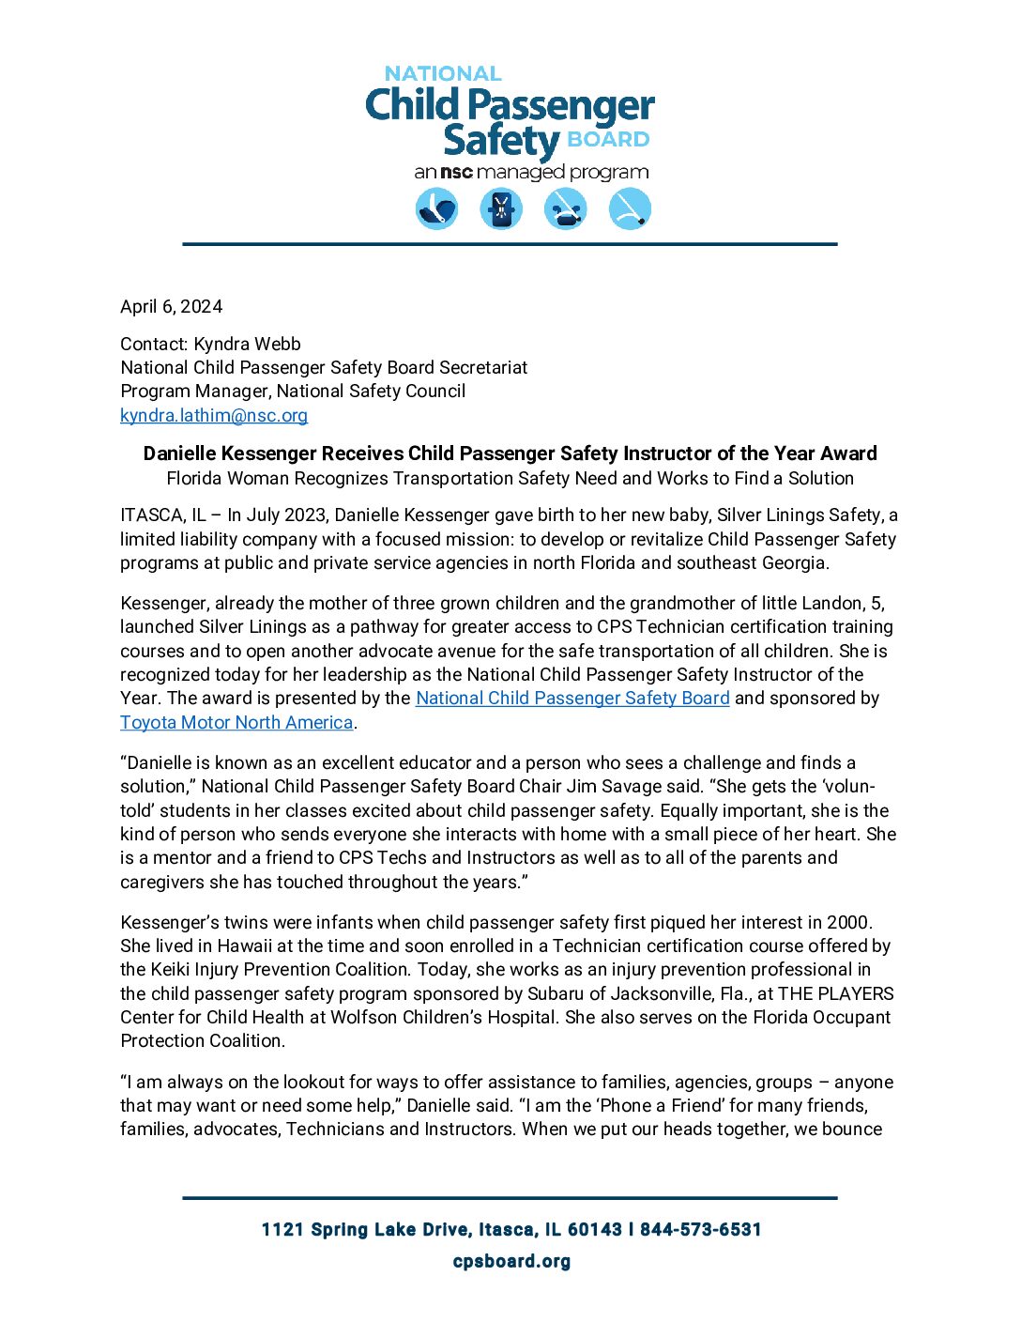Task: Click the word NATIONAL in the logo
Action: tap(443, 73)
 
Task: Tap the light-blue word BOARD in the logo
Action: tap(608, 140)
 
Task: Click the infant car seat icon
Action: tap(436, 208)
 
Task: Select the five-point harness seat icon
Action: tap(501, 208)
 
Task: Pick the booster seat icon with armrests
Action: tap(565, 208)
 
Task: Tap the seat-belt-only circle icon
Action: tap(630, 208)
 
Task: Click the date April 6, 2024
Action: tap(172, 307)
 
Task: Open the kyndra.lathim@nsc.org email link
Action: tap(214, 415)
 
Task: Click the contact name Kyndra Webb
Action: tap(248, 344)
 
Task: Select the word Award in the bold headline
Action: tap(848, 453)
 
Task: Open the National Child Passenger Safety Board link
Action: tap(572, 699)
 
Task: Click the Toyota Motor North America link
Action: tap(236, 722)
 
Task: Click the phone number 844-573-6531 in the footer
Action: tap(701, 1230)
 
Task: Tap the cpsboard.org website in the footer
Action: tap(511, 1261)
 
